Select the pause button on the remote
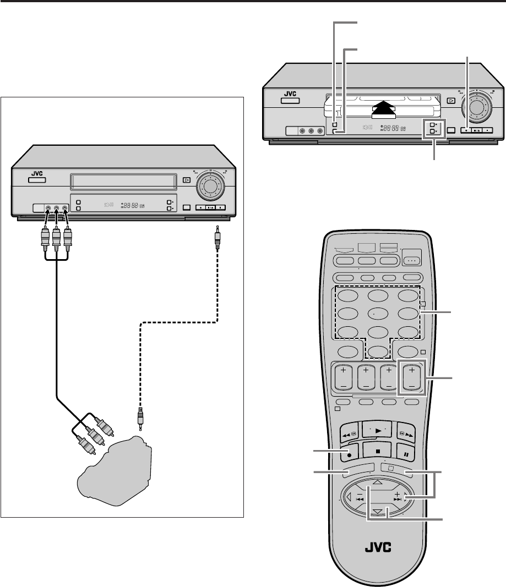pyautogui.click(x=405, y=455)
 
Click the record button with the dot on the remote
pyautogui.click(x=350, y=455)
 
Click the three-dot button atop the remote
pyautogui.click(x=411, y=260)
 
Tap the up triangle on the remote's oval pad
pyautogui.click(x=377, y=482)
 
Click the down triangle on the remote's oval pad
pyautogui.click(x=377, y=512)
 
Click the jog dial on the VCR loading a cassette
pyautogui.click(x=477, y=102)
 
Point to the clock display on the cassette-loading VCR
pyautogui.click(x=393, y=128)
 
